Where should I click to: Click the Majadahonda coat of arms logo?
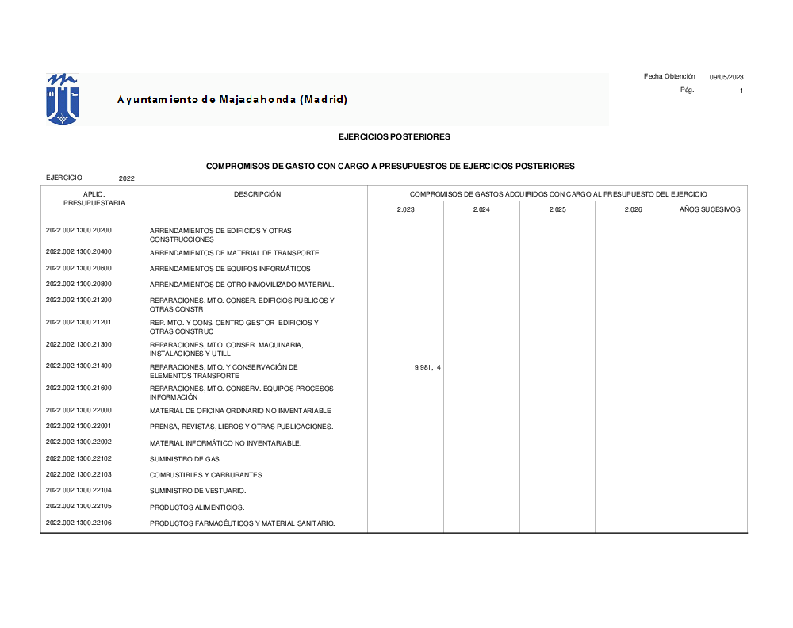(63, 99)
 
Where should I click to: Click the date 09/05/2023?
(726, 77)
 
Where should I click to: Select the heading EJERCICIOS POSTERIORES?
(394, 136)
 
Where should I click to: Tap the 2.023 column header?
(405, 209)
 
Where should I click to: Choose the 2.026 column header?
(633, 209)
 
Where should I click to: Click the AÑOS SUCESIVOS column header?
(710, 209)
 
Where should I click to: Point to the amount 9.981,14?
(427, 368)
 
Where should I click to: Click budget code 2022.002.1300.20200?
(79, 230)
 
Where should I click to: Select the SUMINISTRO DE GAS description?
(186, 459)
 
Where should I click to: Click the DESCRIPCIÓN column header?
(257, 194)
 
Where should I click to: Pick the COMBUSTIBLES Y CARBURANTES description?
(206, 475)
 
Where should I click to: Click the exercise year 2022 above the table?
(127, 179)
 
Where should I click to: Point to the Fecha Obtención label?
(669, 76)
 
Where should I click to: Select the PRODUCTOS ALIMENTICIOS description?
(197, 507)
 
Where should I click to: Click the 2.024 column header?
(481, 209)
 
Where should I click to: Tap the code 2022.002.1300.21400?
(79, 366)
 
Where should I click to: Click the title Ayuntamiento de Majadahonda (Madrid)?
(232, 100)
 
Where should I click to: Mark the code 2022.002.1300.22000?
(79, 410)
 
